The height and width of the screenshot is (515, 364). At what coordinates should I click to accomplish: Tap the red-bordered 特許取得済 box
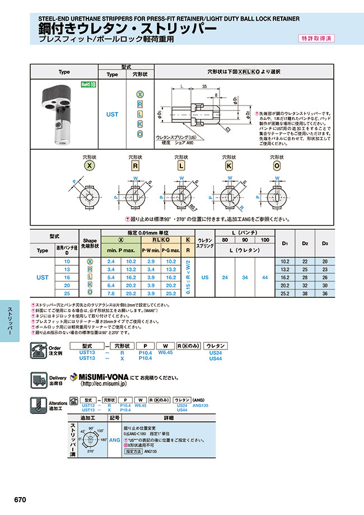317,39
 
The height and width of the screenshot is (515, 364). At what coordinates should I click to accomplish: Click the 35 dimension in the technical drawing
204,88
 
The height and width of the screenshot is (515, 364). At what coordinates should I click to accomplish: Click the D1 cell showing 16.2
284,277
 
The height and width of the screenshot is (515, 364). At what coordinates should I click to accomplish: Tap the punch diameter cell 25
67,293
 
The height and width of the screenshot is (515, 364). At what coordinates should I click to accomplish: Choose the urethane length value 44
265,277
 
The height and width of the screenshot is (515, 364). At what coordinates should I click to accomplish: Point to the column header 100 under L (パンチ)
265,240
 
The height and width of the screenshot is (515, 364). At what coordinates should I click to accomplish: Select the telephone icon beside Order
39,352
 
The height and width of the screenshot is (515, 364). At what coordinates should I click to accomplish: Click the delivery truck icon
39,380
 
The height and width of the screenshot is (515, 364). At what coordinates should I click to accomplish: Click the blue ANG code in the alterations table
114,440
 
